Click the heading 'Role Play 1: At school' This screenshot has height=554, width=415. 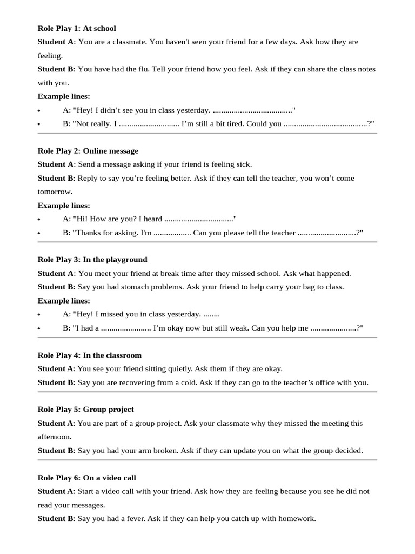coord(77,28)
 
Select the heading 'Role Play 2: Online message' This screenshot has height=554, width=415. coord(88,151)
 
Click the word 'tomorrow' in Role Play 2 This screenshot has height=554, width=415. coord(54,192)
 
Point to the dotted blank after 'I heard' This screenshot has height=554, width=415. coord(198,219)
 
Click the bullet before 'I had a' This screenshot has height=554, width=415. coord(39,328)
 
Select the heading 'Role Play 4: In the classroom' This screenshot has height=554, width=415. coord(89,355)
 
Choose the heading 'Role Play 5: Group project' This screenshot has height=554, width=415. coord(85,410)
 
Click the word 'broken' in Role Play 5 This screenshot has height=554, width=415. coord(165,451)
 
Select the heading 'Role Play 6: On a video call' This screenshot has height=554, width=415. coord(86,478)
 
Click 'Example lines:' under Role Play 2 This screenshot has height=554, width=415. coord(64,206)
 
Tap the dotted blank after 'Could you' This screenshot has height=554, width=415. coord(325,124)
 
